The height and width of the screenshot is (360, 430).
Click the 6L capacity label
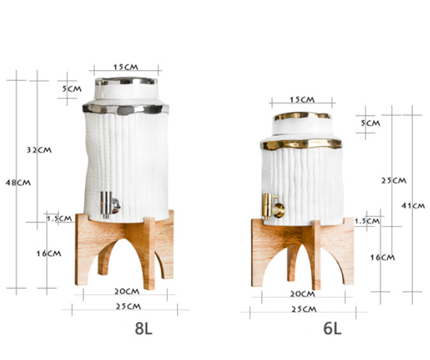332,329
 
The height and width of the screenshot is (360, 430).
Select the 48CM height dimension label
19,182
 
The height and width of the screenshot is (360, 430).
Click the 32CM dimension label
39,150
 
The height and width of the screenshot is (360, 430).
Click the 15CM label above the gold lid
301,100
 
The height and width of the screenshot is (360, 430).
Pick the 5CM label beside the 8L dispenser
72,89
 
